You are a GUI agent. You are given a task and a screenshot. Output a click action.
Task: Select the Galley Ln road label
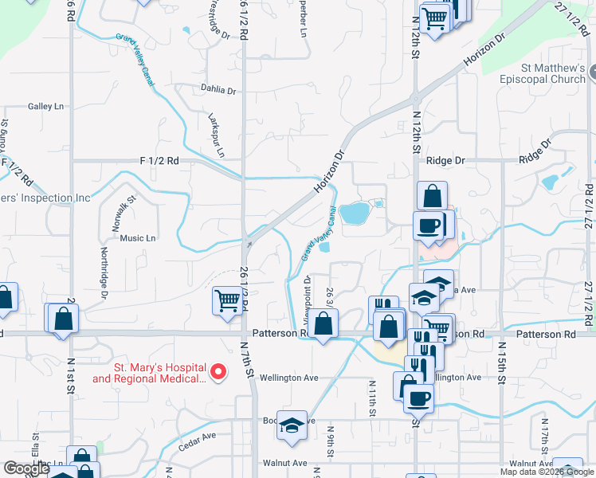[x=45, y=106]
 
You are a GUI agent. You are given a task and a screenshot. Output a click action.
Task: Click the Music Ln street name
[x=138, y=237]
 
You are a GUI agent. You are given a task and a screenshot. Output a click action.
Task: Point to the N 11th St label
[x=372, y=399]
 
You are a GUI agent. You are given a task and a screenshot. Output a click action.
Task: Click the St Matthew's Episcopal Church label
[x=543, y=73]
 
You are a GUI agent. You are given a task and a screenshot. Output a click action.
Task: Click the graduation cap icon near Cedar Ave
[x=292, y=425]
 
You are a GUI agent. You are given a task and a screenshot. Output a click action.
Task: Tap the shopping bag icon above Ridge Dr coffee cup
[x=431, y=196]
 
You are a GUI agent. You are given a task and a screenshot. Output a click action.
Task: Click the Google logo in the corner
[x=26, y=468]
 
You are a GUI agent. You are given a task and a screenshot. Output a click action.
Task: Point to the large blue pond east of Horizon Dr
[x=355, y=213]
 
